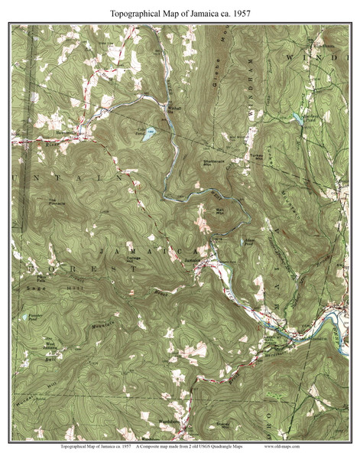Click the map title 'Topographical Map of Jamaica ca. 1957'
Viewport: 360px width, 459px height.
pyautogui.click(x=180, y=13)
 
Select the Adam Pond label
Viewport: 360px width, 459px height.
pyautogui.click(x=248, y=239)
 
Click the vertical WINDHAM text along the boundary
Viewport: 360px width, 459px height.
pyautogui.click(x=249, y=99)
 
